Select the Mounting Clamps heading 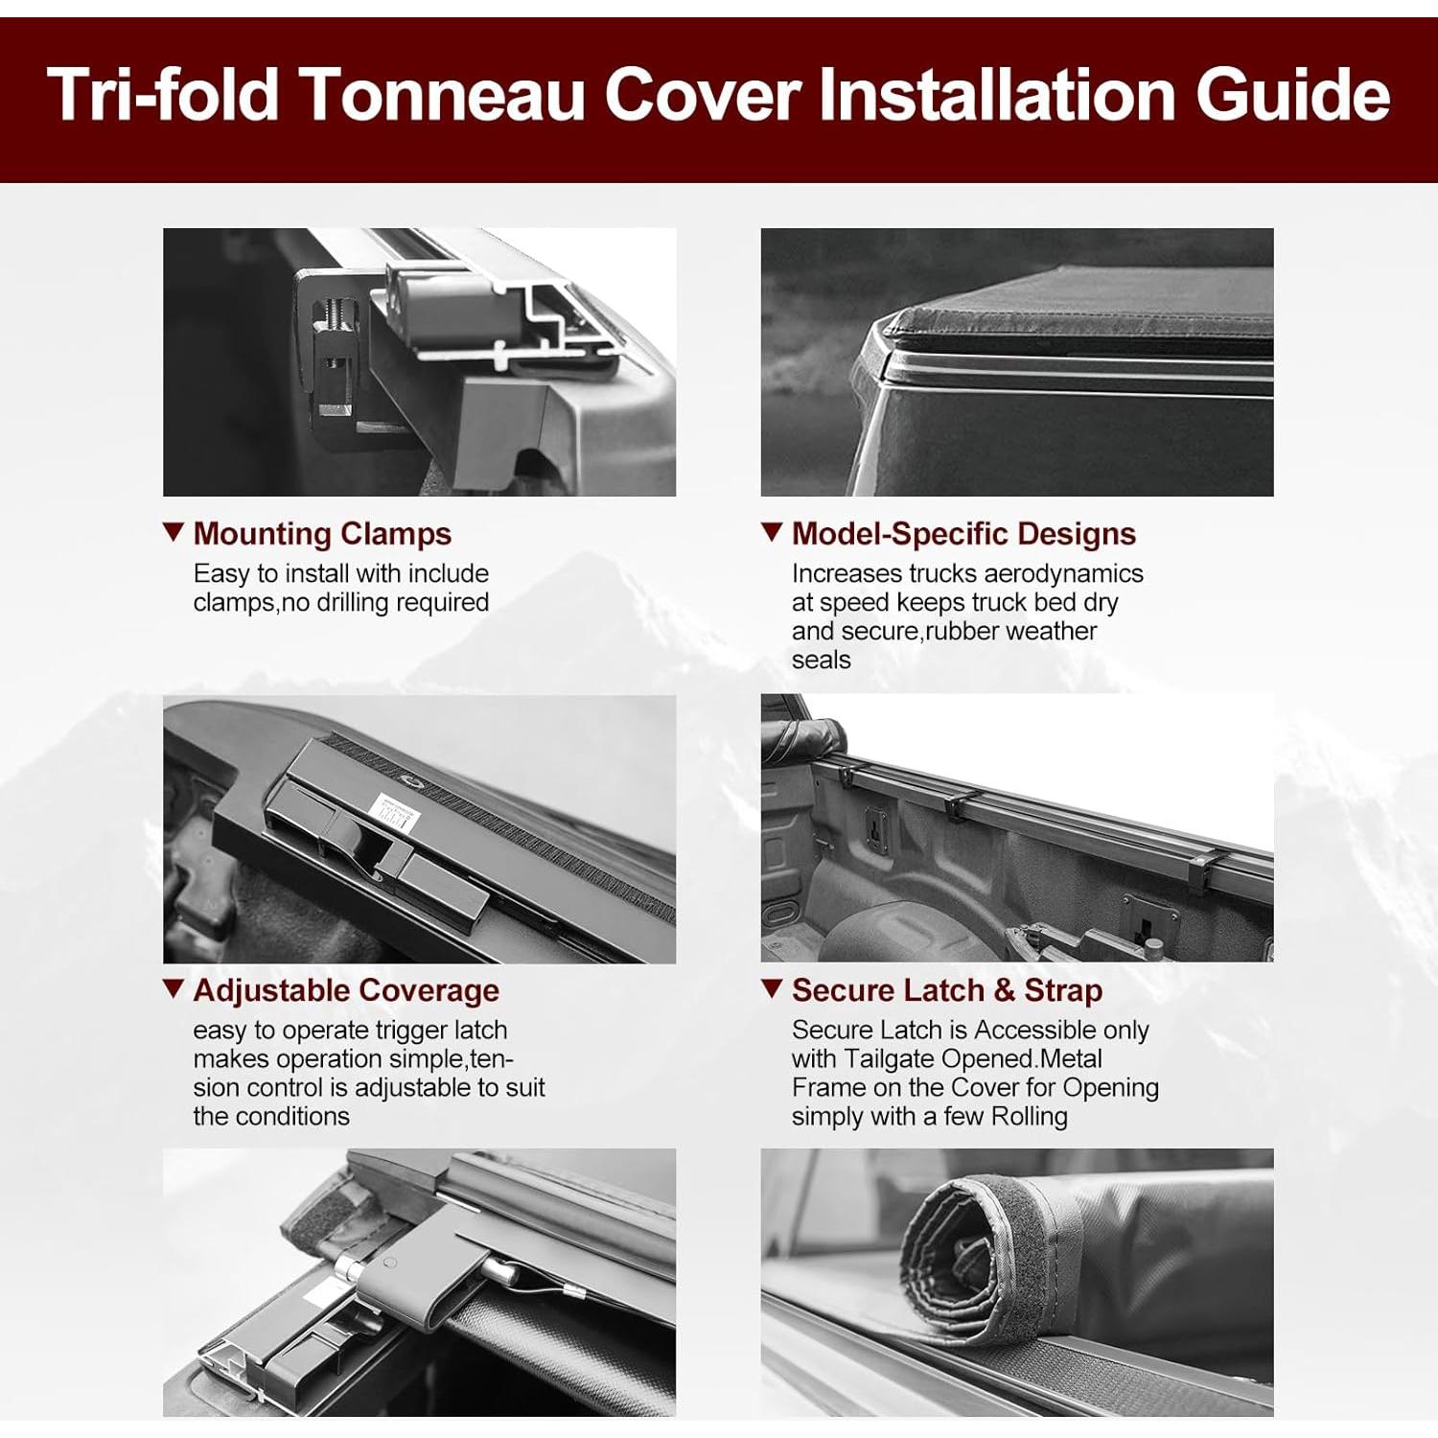pyautogui.click(x=322, y=534)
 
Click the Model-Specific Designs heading pyautogui.click(x=963, y=534)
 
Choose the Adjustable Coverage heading pyautogui.click(x=346, y=990)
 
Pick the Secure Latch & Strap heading pyautogui.click(x=947, y=990)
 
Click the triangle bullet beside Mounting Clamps pyautogui.click(x=174, y=532)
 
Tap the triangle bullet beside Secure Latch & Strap pyautogui.click(x=772, y=988)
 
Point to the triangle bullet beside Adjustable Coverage pyautogui.click(x=174, y=988)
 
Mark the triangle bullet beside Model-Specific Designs pyautogui.click(x=772, y=532)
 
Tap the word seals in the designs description pyautogui.click(x=821, y=661)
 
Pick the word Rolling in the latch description pyautogui.click(x=1029, y=1117)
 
